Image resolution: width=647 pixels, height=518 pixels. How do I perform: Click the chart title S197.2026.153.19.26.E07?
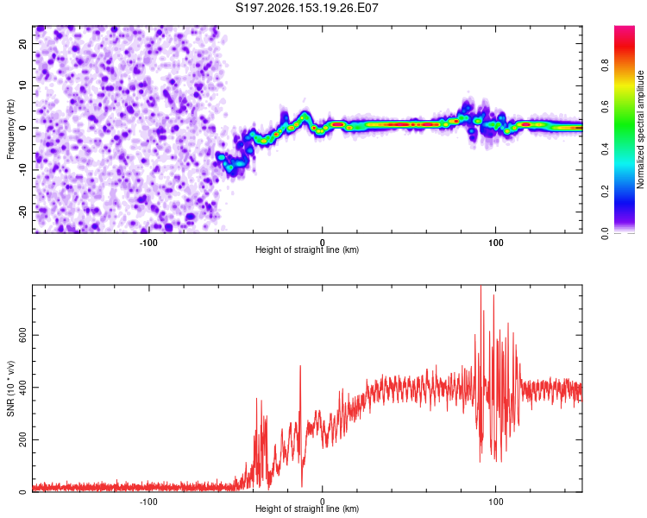pyautogui.click(x=306, y=8)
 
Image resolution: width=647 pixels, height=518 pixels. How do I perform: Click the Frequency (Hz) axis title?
pyautogui.click(x=10, y=129)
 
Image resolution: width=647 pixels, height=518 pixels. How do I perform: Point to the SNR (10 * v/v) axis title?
pyautogui.click(x=10, y=388)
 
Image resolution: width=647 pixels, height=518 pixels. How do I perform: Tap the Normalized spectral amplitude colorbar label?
pyautogui.click(x=640, y=129)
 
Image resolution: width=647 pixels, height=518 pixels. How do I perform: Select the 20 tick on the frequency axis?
pyautogui.click(x=22, y=43)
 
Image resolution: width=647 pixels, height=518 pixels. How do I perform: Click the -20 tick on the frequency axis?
pyautogui.click(x=22, y=212)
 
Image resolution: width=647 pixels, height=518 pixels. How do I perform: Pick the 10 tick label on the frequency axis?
pyautogui.click(x=22, y=85)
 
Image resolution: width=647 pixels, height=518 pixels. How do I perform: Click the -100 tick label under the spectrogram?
pyautogui.click(x=148, y=243)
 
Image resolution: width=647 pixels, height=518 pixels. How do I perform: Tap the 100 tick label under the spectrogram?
pyautogui.click(x=495, y=243)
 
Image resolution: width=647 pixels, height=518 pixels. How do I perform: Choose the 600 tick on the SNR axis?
pyautogui.click(x=22, y=335)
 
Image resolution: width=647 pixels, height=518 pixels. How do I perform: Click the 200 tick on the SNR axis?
pyautogui.click(x=22, y=440)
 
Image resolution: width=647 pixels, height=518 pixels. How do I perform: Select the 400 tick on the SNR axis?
pyautogui.click(x=22, y=388)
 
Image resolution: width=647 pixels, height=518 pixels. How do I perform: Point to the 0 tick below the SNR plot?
pyautogui.click(x=323, y=502)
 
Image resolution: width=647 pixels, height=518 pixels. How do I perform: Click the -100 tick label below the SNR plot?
pyautogui.click(x=148, y=502)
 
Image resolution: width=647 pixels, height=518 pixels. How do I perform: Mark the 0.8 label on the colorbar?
pyautogui.click(x=605, y=65)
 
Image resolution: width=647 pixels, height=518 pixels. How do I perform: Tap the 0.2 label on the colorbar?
pyautogui.click(x=605, y=192)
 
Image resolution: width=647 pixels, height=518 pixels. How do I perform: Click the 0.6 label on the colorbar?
pyautogui.click(x=605, y=107)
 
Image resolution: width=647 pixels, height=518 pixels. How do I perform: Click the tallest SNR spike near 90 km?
pyautogui.click(x=481, y=287)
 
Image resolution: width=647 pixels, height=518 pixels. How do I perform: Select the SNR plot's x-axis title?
pyautogui.click(x=307, y=509)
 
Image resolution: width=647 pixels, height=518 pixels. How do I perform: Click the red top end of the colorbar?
pyautogui.click(x=625, y=28)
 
